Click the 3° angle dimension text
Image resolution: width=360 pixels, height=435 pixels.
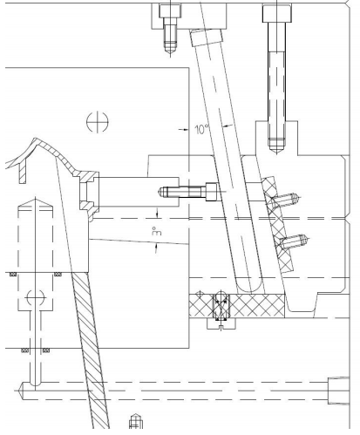[x=157, y=231]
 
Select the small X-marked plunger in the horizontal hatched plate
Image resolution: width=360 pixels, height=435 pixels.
[x=219, y=306]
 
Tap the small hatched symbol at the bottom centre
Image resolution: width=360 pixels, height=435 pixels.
[x=134, y=424]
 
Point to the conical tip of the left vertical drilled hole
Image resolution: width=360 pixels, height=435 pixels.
[x=35, y=202]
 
